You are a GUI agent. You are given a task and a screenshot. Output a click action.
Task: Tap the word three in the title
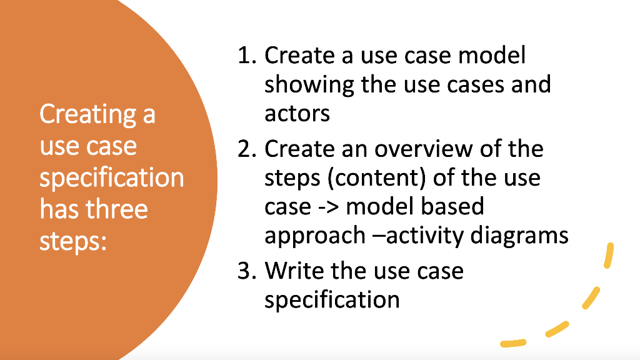pos(118,209)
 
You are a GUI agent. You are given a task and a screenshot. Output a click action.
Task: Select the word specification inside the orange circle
pos(112,177)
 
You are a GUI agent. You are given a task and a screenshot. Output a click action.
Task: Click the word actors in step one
pos(297,113)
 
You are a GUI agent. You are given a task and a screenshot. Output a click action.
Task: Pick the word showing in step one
pos(309,84)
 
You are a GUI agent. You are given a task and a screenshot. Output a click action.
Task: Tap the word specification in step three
pos(332,299)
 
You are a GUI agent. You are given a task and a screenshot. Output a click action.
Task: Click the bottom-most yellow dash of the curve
pos(513,342)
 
